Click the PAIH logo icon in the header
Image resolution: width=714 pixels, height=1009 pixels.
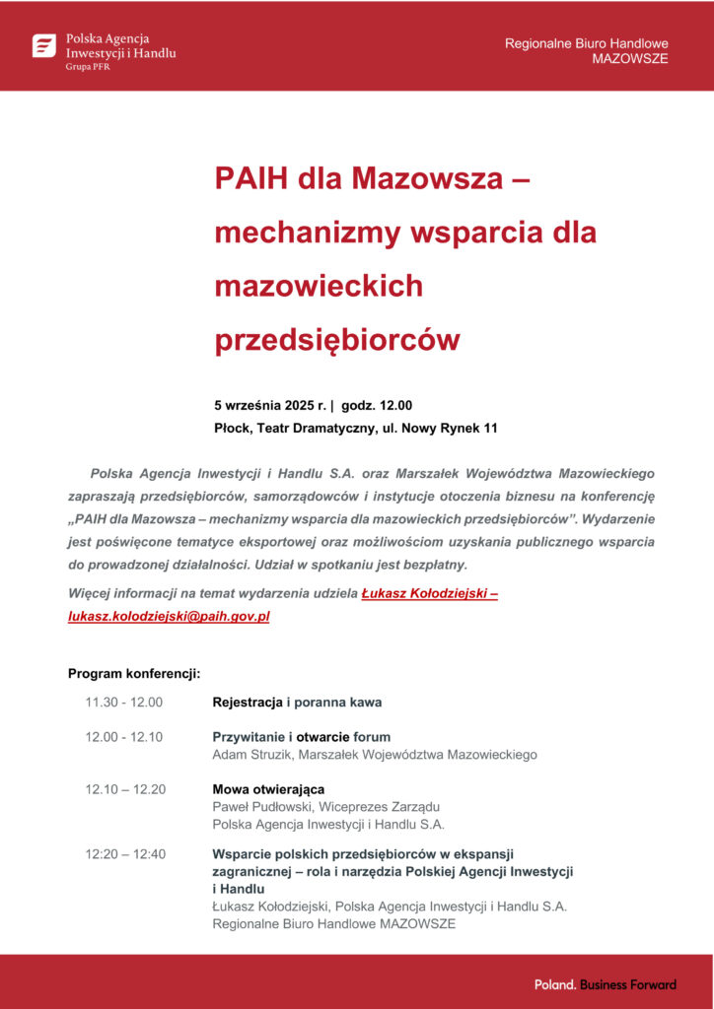pos(44,45)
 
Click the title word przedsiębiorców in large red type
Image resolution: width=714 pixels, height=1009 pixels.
pos(337,340)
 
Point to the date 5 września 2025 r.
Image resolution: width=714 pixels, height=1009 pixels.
pos(269,406)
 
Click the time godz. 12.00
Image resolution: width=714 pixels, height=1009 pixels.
pos(377,406)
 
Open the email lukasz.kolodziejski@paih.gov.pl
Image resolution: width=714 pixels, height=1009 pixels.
pos(169,617)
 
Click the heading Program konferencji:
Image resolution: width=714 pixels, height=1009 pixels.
pos(134,674)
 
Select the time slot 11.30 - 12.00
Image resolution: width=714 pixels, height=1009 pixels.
pos(123,703)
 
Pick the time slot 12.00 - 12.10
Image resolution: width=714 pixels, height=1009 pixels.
pos(123,737)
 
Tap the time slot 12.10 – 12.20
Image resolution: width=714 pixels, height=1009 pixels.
pos(125,789)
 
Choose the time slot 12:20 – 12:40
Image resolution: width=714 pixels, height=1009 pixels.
pos(125,854)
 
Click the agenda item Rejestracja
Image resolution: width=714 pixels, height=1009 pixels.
pos(248,703)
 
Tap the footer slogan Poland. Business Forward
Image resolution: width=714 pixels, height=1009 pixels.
pos(606,984)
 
